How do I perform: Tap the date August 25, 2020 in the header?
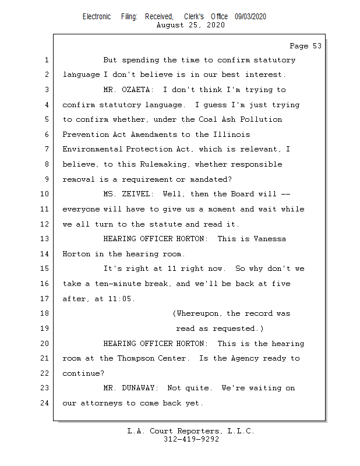point(191,25)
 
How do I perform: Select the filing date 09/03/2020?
point(250,17)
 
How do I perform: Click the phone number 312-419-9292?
point(191,439)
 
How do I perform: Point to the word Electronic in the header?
point(97,17)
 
